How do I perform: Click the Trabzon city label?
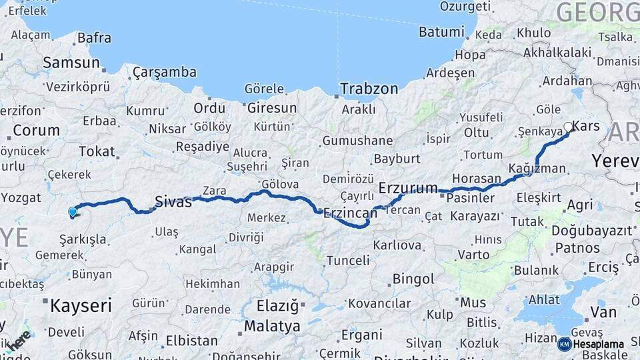tap(369, 89)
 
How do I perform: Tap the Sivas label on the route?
tap(173, 201)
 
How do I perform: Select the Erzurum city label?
tap(408, 187)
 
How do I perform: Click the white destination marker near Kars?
tap(568, 127)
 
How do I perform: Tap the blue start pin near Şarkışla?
tap(72, 213)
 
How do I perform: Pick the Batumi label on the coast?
tap(441, 32)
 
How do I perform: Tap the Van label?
tap(603, 312)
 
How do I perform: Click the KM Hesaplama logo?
tap(591, 344)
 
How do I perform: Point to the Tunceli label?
tap(348, 261)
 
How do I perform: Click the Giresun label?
tap(271, 107)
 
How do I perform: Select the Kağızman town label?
tap(537, 169)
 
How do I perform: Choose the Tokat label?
tap(97, 151)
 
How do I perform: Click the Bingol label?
tap(413, 279)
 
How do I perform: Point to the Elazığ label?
tap(278, 306)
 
